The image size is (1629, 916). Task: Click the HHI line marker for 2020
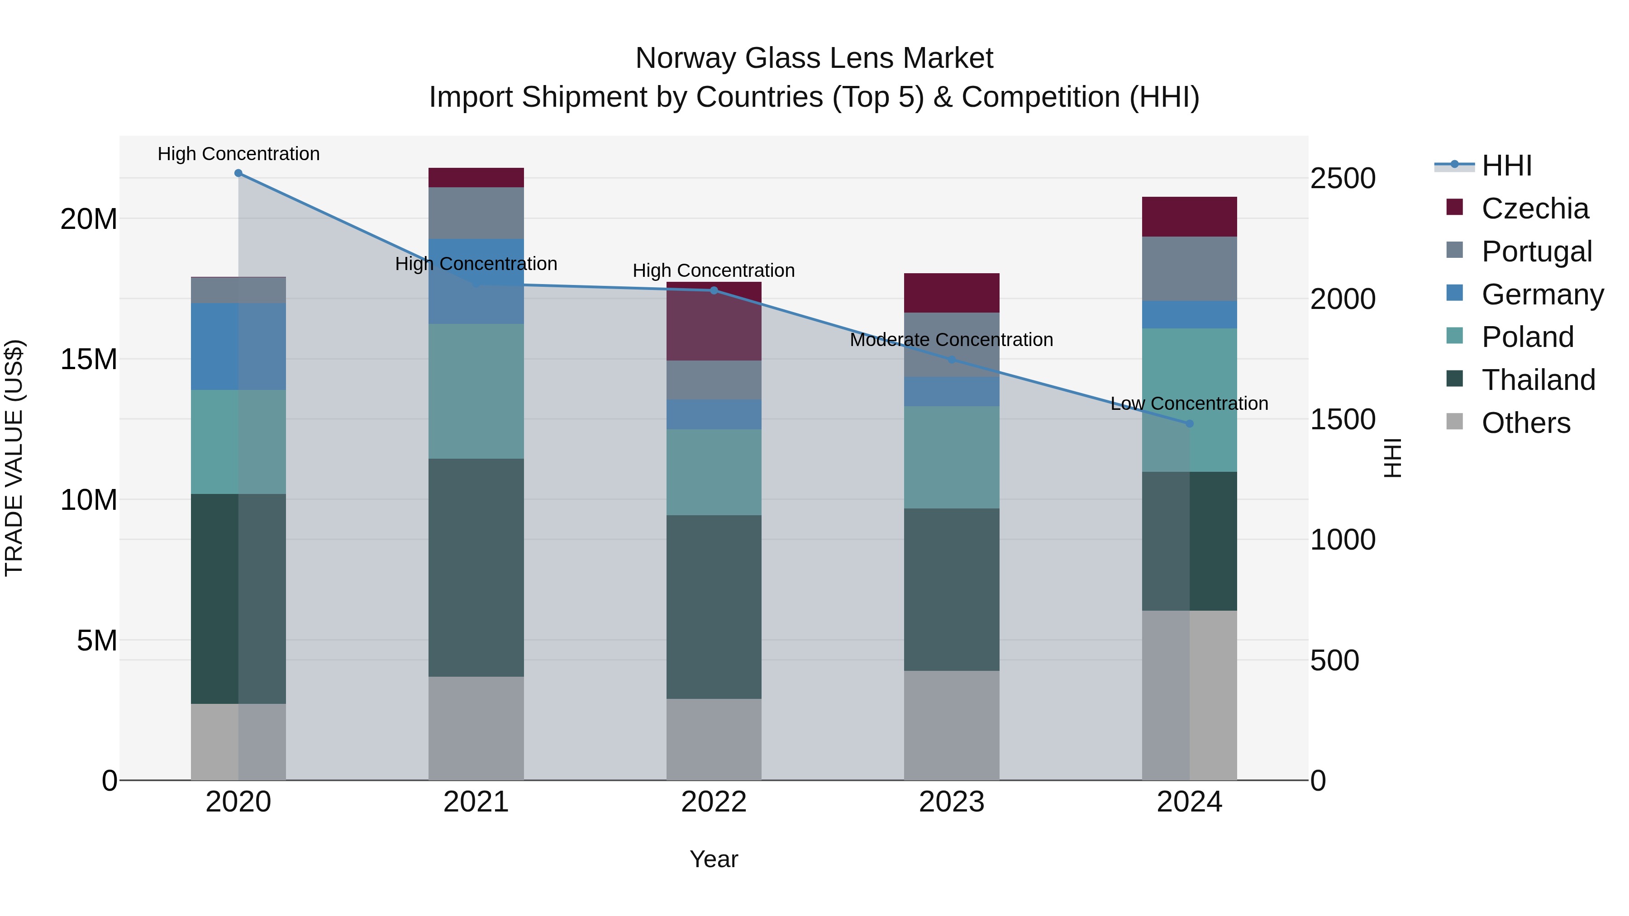[238, 173]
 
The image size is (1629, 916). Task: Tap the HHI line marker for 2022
[714, 290]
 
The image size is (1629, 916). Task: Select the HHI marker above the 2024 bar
[1190, 423]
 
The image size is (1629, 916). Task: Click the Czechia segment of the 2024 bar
[1190, 217]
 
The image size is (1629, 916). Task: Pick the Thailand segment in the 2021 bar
[476, 568]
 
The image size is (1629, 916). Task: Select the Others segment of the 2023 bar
[952, 725]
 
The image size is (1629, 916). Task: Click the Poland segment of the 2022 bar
[714, 472]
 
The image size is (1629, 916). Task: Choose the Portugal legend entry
[1536, 252]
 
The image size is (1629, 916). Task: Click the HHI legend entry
[1506, 166]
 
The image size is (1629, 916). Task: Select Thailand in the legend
[1538, 380]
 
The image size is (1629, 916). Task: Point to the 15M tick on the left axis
[89, 359]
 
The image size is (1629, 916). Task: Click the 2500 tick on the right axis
[1343, 178]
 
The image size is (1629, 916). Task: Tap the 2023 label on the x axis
[952, 802]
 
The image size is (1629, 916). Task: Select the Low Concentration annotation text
[1190, 403]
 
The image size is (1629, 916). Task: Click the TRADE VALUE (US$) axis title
[14, 458]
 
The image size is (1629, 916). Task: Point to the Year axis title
[714, 859]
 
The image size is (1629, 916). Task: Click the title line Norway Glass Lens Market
[814, 58]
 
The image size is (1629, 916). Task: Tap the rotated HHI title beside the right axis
[1392, 458]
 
